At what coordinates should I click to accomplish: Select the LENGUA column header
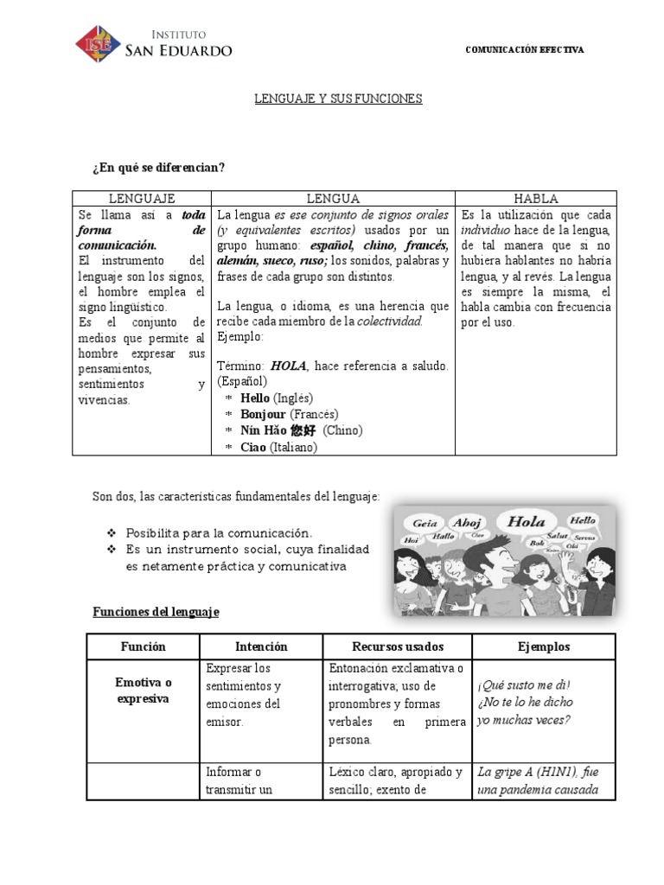coord(333,198)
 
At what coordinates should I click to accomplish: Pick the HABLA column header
coord(535,198)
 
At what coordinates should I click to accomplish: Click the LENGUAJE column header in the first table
coord(142,198)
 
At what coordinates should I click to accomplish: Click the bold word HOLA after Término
coord(287,366)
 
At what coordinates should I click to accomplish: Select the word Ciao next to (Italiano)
coord(253,447)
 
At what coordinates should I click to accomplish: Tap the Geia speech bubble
coord(425,523)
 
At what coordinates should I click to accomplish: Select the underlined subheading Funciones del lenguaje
coord(156,612)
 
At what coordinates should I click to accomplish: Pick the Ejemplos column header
coord(543,646)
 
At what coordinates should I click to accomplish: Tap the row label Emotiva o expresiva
coord(144,691)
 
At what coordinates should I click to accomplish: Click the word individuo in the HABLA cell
coord(485,231)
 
